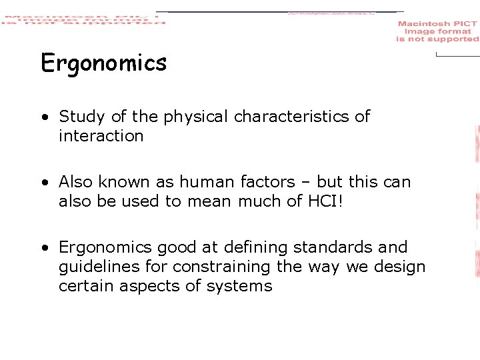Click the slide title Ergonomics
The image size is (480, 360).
click(103, 64)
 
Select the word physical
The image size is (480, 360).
click(196, 117)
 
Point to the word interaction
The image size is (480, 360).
click(101, 136)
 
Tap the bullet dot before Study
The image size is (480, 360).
click(43, 117)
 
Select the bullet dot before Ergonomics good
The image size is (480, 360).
click(43, 248)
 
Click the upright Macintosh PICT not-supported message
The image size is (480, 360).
click(437, 31)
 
